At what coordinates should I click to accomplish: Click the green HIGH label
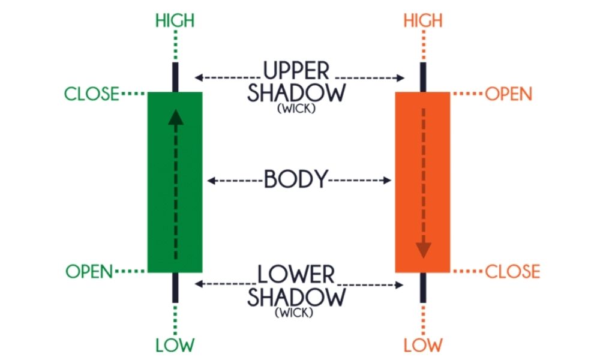tap(175, 21)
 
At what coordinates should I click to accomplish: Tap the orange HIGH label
tap(423, 21)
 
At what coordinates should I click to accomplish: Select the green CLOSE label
tap(92, 94)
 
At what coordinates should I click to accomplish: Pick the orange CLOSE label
tap(512, 271)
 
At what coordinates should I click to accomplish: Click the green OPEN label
tap(89, 271)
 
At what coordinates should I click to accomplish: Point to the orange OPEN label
tap(509, 94)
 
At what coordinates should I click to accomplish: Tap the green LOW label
tap(175, 345)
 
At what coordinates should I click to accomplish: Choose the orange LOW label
tap(423, 345)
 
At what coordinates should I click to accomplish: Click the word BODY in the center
tap(297, 179)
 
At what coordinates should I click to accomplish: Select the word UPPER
tap(297, 71)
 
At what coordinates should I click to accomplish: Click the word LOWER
tap(296, 275)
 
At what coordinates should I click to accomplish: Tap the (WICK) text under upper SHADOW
tap(296, 110)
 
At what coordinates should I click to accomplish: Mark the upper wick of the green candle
tap(175, 77)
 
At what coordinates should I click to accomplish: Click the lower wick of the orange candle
tap(423, 287)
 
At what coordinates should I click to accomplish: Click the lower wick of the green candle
tap(175, 287)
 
